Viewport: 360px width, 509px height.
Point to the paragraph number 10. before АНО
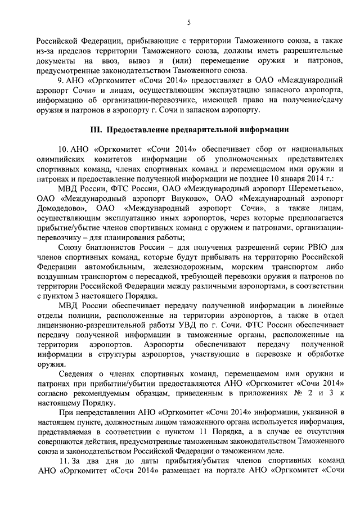tap(61, 149)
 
